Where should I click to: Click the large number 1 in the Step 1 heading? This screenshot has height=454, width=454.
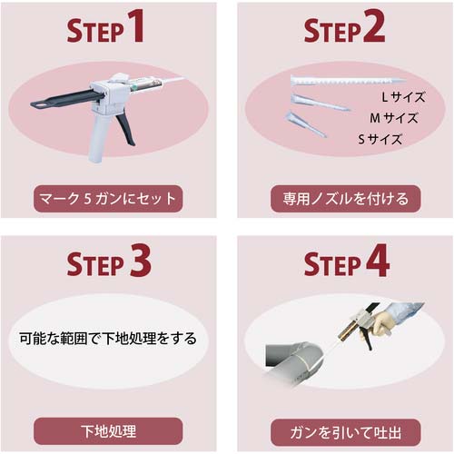(x=134, y=25)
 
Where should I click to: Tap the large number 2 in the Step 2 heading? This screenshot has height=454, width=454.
(x=374, y=25)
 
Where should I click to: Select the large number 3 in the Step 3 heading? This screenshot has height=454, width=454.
(x=140, y=261)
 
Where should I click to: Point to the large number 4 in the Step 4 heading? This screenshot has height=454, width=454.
(x=378, y=261)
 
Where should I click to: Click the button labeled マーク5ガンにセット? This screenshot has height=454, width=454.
(x=108, y=199)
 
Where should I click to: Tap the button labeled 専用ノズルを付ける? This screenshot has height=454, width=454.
(x=345, y=199)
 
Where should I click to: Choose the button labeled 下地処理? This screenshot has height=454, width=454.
(x=108, y=431)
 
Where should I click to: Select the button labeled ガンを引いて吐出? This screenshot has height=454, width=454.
(x=345, y=432)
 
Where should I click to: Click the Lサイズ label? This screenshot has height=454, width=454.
(x=403, y=97)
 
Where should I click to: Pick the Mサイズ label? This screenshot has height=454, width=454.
(x=394, y=118)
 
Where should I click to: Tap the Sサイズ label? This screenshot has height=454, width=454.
(x=380, y=139)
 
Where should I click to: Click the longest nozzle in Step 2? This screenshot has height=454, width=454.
(x=348, y=81)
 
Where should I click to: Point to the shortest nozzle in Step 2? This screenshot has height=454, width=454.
(x=304, y=124)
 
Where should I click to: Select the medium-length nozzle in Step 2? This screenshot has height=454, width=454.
(x=320, y=103)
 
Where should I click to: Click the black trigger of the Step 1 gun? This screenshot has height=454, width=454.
(x=126, y=129)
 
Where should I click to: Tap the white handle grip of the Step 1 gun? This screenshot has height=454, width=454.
(x=98, y=138)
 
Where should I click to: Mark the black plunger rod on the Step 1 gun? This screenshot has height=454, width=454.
(x=65, y=99)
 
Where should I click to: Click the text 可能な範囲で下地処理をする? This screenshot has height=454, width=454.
(x=108, y=338)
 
